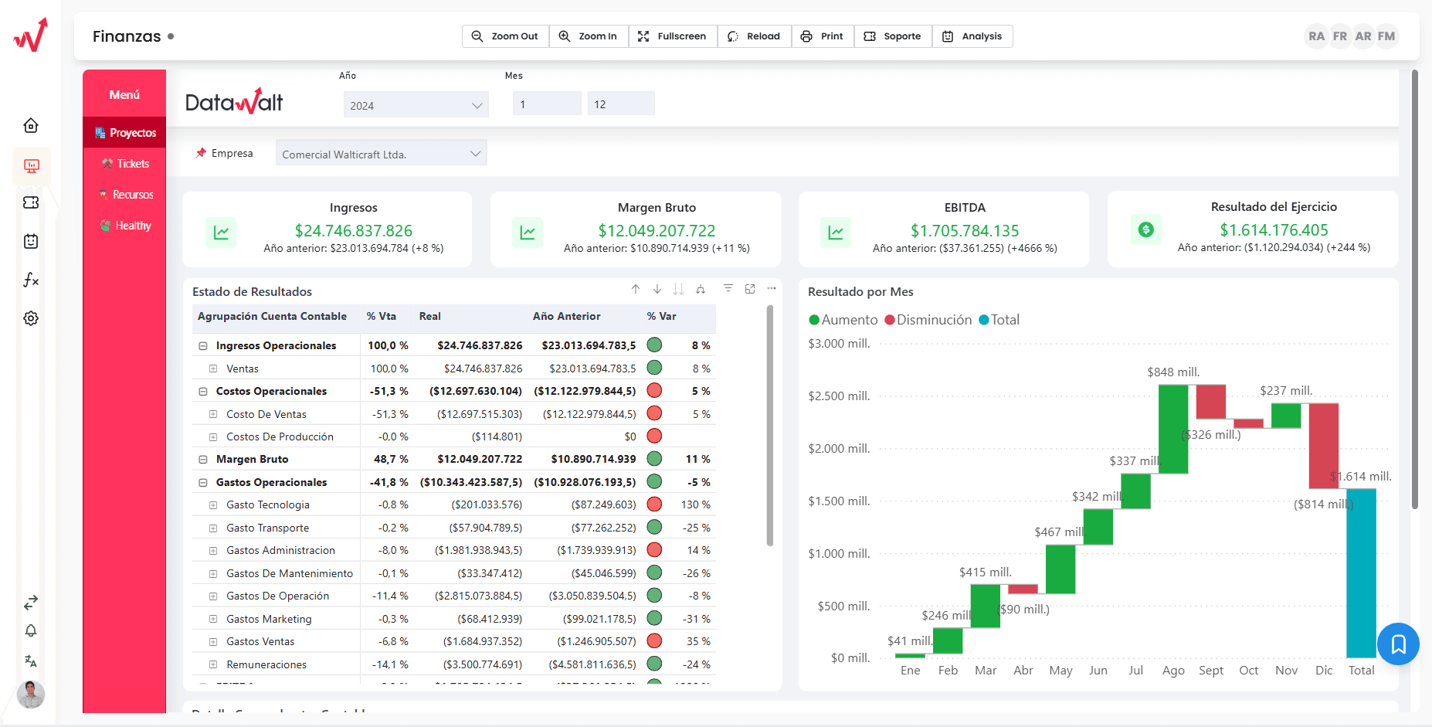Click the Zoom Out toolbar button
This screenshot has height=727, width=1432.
(x=505, y=36)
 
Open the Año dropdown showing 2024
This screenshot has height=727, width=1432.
(x=416, y=105)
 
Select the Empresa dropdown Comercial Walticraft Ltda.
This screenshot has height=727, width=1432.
(x=381, y=154)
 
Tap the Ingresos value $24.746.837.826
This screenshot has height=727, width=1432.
(x=353, y=230)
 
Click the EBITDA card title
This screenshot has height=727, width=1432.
(x=964, y=207)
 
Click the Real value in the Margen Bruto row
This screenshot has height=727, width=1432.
(x=479, y=459)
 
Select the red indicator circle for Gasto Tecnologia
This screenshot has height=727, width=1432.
(x=654, y=504)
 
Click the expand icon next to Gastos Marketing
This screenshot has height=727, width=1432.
(x=213, y=619)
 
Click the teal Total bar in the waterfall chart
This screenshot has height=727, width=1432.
(x=1361, y=572)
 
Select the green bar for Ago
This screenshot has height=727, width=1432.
(x=1172, y=429)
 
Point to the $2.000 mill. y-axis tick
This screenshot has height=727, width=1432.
(x=839, y=448)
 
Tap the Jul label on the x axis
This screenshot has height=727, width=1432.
(x=1135, y=670)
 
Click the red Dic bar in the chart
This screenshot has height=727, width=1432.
(x=1323, y=445)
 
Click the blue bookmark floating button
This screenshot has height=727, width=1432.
(x=1398, y=644)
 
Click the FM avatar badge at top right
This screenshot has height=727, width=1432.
(x=1386, y=36)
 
